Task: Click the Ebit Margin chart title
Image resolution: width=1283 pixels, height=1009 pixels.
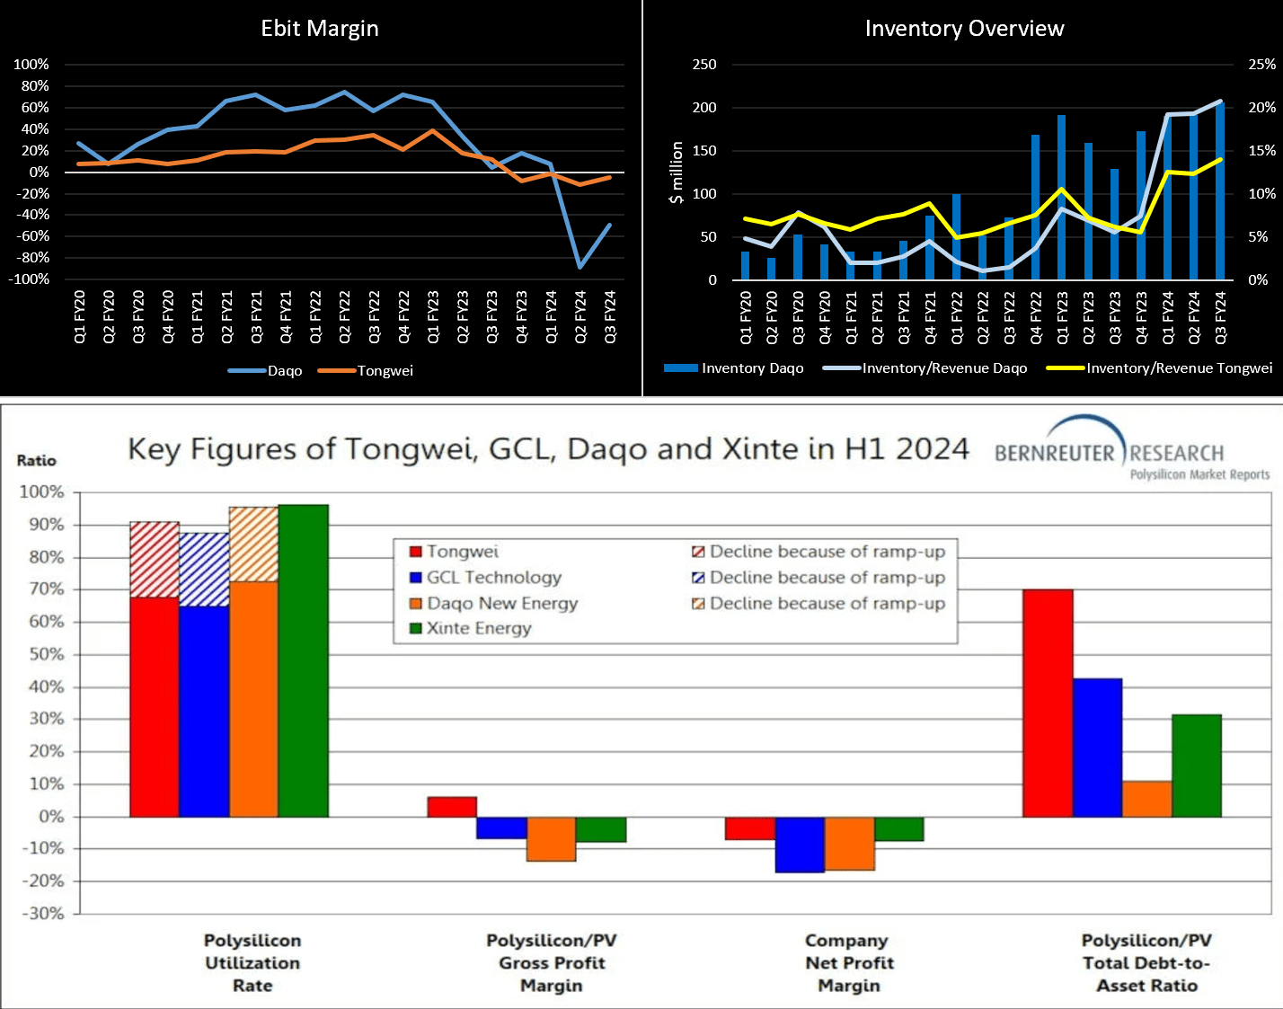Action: (x=320, y=29)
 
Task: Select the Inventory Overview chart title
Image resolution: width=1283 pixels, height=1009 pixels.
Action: (x=964, y=29)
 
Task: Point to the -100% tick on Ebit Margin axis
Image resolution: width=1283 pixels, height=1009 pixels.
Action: (x=31, y=279)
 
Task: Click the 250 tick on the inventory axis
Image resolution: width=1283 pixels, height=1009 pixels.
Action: (x=704, y=65)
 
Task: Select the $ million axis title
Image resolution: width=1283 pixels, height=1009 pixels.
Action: (x=677, y=173)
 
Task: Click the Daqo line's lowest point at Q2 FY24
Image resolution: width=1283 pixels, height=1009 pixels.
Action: (x=580, y=266)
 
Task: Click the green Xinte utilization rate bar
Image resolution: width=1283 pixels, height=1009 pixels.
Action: (x=304, y=660)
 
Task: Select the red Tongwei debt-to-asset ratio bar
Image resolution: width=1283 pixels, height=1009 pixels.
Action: (x=1048, y=703)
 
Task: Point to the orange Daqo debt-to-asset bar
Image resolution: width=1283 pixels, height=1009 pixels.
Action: (x=1147, y=799)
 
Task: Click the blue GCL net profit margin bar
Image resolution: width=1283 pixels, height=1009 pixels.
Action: (x=800, y=845)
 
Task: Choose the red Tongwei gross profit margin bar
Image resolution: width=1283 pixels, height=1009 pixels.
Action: (x=452, y=807)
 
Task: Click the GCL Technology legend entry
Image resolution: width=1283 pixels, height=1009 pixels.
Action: (x=493, y=578)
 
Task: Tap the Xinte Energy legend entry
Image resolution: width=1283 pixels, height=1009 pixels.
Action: (x=479, y=628)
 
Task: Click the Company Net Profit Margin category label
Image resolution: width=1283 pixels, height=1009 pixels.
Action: (x=849, y=963)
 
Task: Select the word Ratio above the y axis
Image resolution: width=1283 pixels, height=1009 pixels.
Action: (x=37, y=460)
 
